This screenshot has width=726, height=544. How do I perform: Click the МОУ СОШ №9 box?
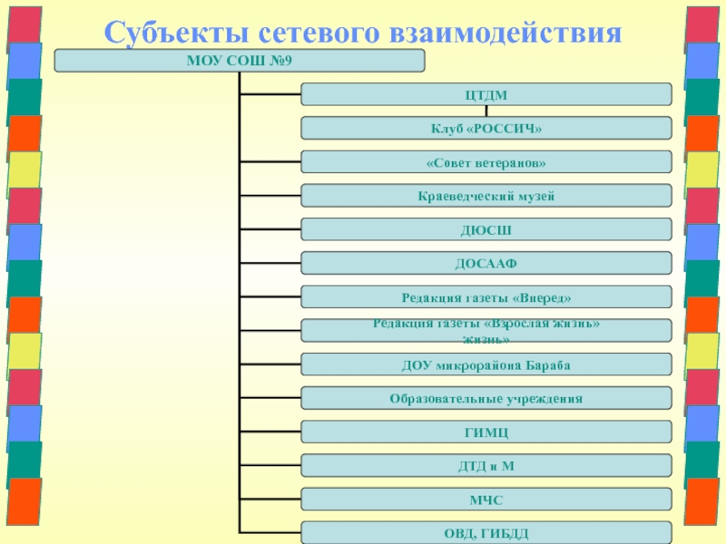click(x=240, y=61)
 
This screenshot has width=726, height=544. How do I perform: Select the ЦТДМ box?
click(x=486, y=94)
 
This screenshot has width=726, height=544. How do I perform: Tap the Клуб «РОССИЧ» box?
click(x=486, y=128)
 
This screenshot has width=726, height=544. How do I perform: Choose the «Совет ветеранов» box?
click(x=486, y=161)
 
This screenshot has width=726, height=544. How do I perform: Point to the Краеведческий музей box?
click(x=486, y=195)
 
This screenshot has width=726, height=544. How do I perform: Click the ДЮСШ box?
click(x=486, y=229)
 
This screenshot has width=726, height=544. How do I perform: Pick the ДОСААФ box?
click(x=486, y=263)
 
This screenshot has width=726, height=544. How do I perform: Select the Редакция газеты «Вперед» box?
click(x=486, y=296)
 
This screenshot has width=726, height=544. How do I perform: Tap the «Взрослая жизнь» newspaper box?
click(x=486, y=330)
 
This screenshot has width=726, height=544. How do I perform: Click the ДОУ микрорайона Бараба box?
click(x=486, y=364)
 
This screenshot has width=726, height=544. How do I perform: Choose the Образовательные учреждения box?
click(x=486, y=398)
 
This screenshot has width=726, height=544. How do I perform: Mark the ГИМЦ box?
click(x=486, y=432)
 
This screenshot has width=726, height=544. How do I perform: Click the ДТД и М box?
click(x=486, y=465)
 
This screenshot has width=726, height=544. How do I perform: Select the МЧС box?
click(x=486, y=499)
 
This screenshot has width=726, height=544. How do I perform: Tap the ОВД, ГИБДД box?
click(x=486, y=532)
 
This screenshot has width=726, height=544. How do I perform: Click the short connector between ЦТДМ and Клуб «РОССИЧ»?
click(x=486, y=112)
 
